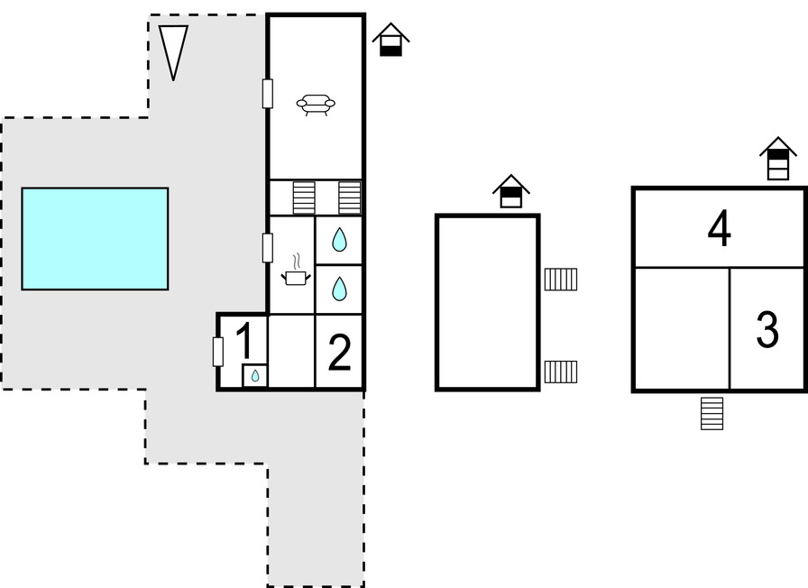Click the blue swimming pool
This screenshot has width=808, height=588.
coord(95,238)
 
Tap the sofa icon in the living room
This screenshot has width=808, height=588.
coord(316,106)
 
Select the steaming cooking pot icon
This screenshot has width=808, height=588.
coord(296,273)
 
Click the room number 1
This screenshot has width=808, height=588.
coord(243,342)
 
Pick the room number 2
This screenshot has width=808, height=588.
coord(339,354)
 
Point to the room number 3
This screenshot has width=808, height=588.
coord(767,331)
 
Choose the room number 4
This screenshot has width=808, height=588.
coord(719,229)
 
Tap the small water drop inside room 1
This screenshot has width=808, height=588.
coord(255,375)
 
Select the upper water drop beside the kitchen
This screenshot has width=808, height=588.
coord(339,240)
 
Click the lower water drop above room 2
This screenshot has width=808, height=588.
coord(339,289)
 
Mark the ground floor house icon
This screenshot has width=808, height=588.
coord(390,41)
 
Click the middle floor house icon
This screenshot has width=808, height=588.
coord(510,191)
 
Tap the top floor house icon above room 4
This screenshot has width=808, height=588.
coord(777,159)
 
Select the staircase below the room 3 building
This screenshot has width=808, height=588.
coord(712,413)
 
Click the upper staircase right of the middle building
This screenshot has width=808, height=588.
coord(561,280)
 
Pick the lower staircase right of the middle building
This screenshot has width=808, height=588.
coord(561,372)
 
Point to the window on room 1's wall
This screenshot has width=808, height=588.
coord(218,352)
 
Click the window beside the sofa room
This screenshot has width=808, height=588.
coord(268,94)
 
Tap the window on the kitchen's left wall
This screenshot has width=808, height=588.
coord(268,247)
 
